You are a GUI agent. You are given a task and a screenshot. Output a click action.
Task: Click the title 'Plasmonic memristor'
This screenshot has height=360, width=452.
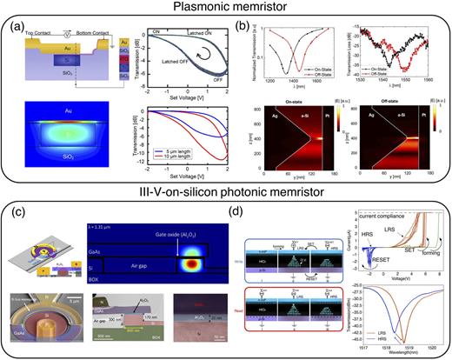click(x=225, y=8)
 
